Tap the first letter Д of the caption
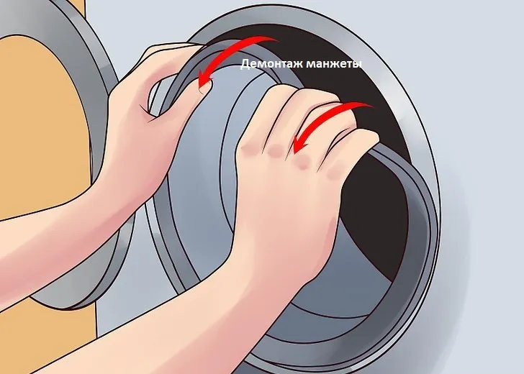pos(245,64)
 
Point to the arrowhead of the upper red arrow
pos(204,81)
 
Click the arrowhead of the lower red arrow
pos(299,145)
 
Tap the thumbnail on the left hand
pos(204,88)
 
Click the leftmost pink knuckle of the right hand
pos(248,149)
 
